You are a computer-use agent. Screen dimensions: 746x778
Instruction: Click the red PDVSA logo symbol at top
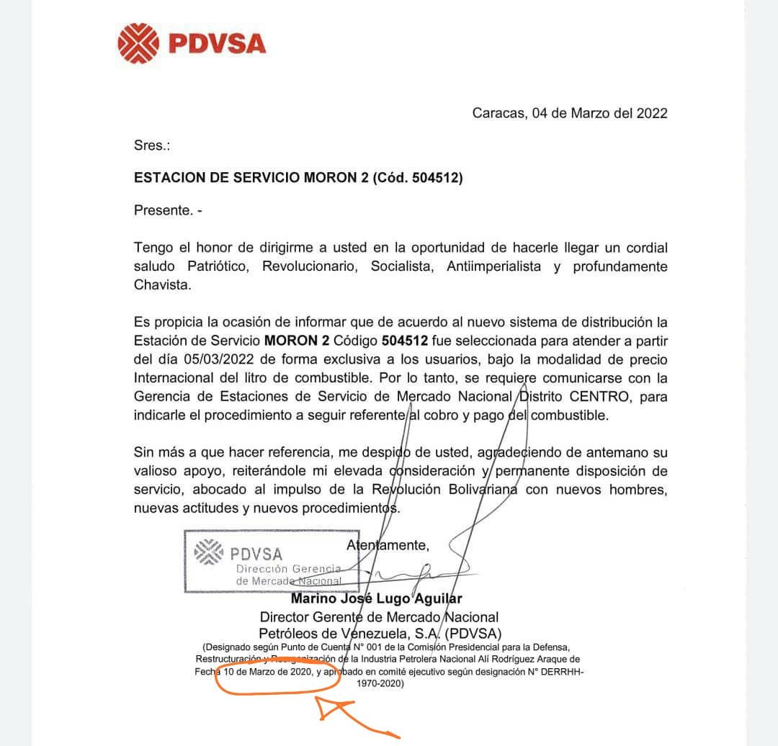(139, 43)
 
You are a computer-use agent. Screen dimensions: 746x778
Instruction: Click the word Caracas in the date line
(498, 113)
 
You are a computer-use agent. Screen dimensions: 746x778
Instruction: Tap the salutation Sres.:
(152, 145)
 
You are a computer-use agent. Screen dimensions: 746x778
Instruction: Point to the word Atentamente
(388, 545)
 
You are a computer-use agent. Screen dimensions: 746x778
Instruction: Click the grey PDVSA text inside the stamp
(256, 554)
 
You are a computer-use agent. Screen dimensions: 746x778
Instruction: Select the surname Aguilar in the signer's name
(437, 598)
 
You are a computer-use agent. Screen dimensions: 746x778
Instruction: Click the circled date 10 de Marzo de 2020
(268, 671)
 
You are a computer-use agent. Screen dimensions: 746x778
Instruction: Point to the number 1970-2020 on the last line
(380, 684)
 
